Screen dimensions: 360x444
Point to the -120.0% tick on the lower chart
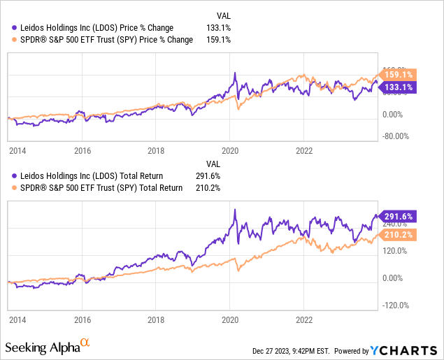pos(399,305)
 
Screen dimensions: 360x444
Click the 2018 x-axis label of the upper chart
pos(157,150)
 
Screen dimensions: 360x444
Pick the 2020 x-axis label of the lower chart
pos(231,317)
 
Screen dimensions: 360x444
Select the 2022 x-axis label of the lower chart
pos(304,317)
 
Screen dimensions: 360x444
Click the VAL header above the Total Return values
pos(222,163)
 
